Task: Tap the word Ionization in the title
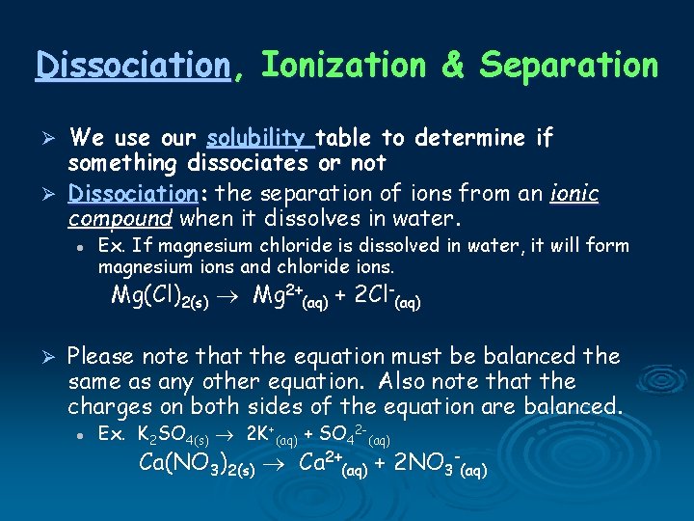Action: tap(343, 66)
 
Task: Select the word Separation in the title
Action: tap(569, 66)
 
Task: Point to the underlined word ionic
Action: tap(574, 193)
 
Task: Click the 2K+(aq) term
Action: tap(269, 436)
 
